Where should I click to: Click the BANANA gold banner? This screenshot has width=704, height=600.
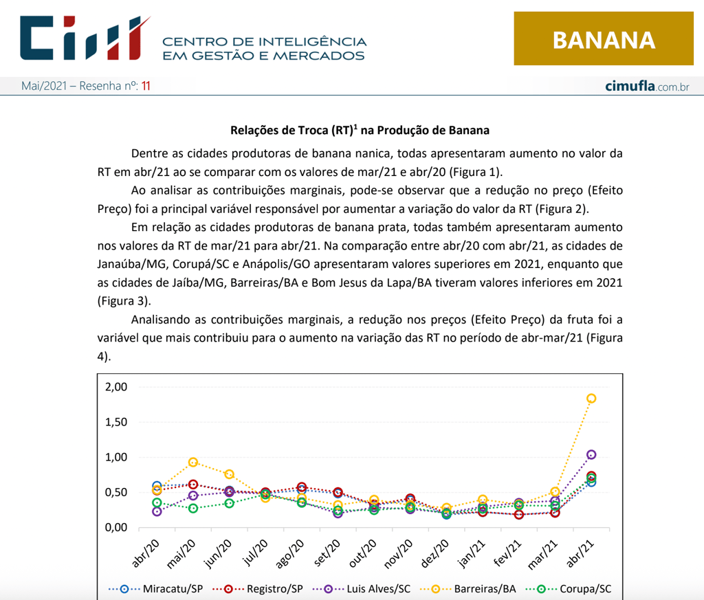(x=603, y=40)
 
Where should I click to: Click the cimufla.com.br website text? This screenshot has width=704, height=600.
(x=647, y=87)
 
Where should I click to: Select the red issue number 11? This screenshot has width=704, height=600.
(x=145, y=87)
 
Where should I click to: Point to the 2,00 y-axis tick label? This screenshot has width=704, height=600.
(x=116, y=387)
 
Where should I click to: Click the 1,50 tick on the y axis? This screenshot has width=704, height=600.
(x=116, y=422)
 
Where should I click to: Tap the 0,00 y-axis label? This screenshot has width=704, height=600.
(x=116, y=527)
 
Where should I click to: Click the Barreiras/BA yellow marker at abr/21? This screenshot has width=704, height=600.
(x=591, y=399)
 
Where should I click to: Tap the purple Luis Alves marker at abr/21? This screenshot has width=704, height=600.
(x=591, y=455)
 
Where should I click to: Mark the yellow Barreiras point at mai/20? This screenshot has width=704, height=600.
(x=193, y=463)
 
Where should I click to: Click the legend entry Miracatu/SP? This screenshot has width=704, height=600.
(x=155, y=589)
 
